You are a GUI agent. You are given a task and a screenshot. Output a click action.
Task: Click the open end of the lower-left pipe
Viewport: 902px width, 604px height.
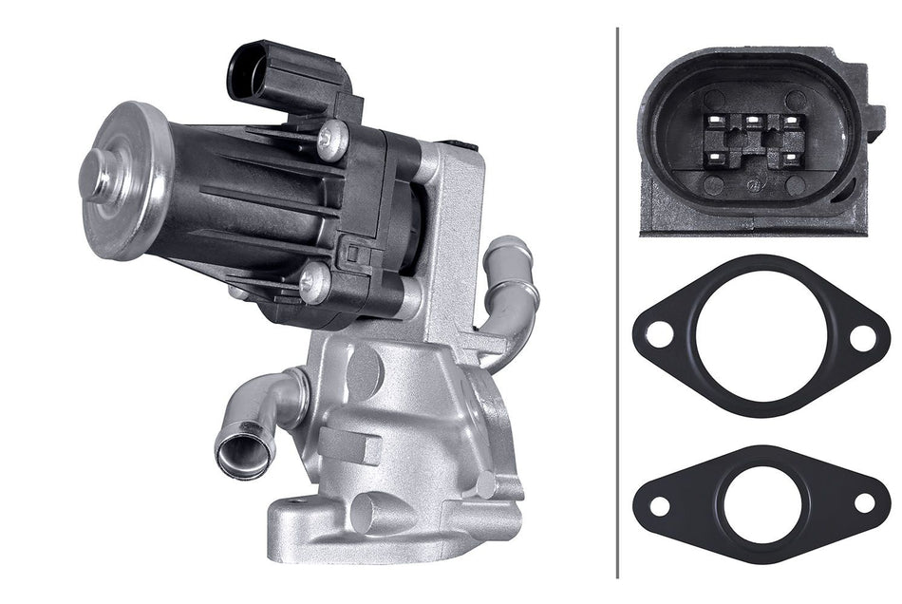(x=244, y=454)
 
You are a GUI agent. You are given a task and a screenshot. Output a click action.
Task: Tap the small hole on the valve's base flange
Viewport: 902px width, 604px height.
(x=366, y=513)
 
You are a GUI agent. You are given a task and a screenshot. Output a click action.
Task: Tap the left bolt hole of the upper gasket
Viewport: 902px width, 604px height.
(x=658, y=335)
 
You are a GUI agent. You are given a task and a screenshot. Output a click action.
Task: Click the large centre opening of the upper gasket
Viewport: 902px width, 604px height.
(x=761, y=336)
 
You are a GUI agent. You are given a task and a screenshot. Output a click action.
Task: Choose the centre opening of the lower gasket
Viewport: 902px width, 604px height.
(x=761, y=504)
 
